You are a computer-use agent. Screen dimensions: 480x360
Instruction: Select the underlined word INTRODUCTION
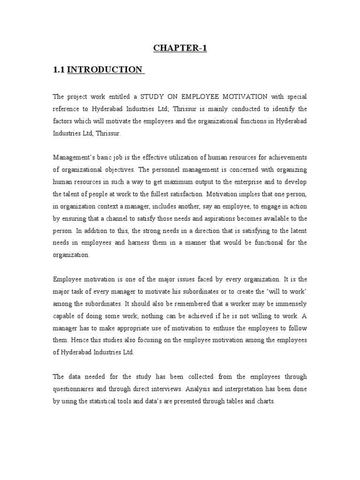point(105,69)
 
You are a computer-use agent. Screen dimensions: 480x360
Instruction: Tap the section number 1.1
point(59,69)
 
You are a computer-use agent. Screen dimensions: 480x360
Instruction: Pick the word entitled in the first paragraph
point(112,97)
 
